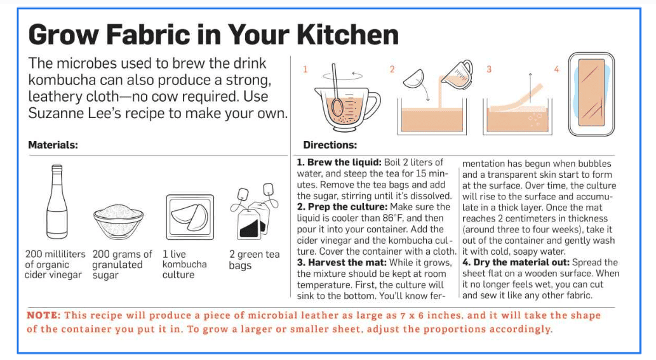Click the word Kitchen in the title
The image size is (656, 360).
(x=347, y=34)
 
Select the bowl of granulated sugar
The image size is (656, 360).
(x=118, y=221)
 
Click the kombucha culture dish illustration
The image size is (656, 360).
(x=190, y=217)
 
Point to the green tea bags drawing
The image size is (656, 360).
(x=254, y=212)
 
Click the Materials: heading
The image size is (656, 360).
(x=53, y=145)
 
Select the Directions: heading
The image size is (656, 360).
(x=330, y=145)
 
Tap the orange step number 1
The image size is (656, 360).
(x=305, y=69)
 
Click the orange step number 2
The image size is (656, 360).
(x=392, y=69)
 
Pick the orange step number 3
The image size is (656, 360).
(x=488, y=69)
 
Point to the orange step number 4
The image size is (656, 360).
(x=556, y=69)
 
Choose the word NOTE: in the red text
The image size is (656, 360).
(x=44, y=316)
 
